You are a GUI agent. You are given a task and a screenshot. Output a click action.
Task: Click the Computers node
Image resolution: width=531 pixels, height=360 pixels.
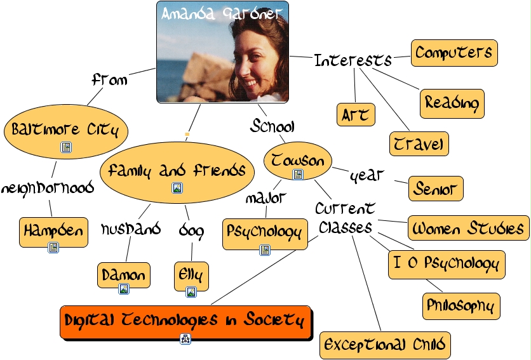[x=454, y=53]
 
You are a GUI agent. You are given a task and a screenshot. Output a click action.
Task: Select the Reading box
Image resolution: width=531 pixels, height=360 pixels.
[x=452, y=102]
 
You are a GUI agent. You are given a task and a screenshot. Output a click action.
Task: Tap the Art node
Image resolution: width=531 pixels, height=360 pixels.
[x=355, y=114]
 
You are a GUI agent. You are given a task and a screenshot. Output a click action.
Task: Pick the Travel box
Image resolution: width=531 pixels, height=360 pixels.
[x=419, y=143]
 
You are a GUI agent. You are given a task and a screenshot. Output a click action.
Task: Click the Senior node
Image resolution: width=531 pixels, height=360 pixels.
[x=435, y=188]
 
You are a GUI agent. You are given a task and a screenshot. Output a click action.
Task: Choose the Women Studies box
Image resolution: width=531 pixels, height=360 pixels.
[x=468, y=228]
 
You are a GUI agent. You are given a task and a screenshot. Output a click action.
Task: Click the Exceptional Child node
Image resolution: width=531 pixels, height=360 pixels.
[x=385, y=345]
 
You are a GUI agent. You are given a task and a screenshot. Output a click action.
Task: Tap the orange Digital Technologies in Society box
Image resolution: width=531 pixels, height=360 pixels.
[x=186, y=321]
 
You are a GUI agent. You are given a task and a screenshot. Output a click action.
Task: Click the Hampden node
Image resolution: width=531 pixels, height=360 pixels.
[x=53, y=232]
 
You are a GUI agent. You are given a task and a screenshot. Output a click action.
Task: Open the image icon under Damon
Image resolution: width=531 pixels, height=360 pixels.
[x=124, y=289]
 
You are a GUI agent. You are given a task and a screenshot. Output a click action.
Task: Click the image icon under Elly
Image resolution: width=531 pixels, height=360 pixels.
[x=191, y=292]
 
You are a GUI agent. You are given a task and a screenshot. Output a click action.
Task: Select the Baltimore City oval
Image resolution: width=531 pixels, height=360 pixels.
[x=65, y=130]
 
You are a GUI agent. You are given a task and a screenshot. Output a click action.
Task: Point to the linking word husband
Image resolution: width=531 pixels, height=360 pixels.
[x=130, y=229]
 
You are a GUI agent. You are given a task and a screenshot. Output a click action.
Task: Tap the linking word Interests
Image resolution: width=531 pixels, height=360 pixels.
[x=353, y=60]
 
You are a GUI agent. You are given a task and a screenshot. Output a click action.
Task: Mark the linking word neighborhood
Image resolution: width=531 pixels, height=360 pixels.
[x=48, y=188]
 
